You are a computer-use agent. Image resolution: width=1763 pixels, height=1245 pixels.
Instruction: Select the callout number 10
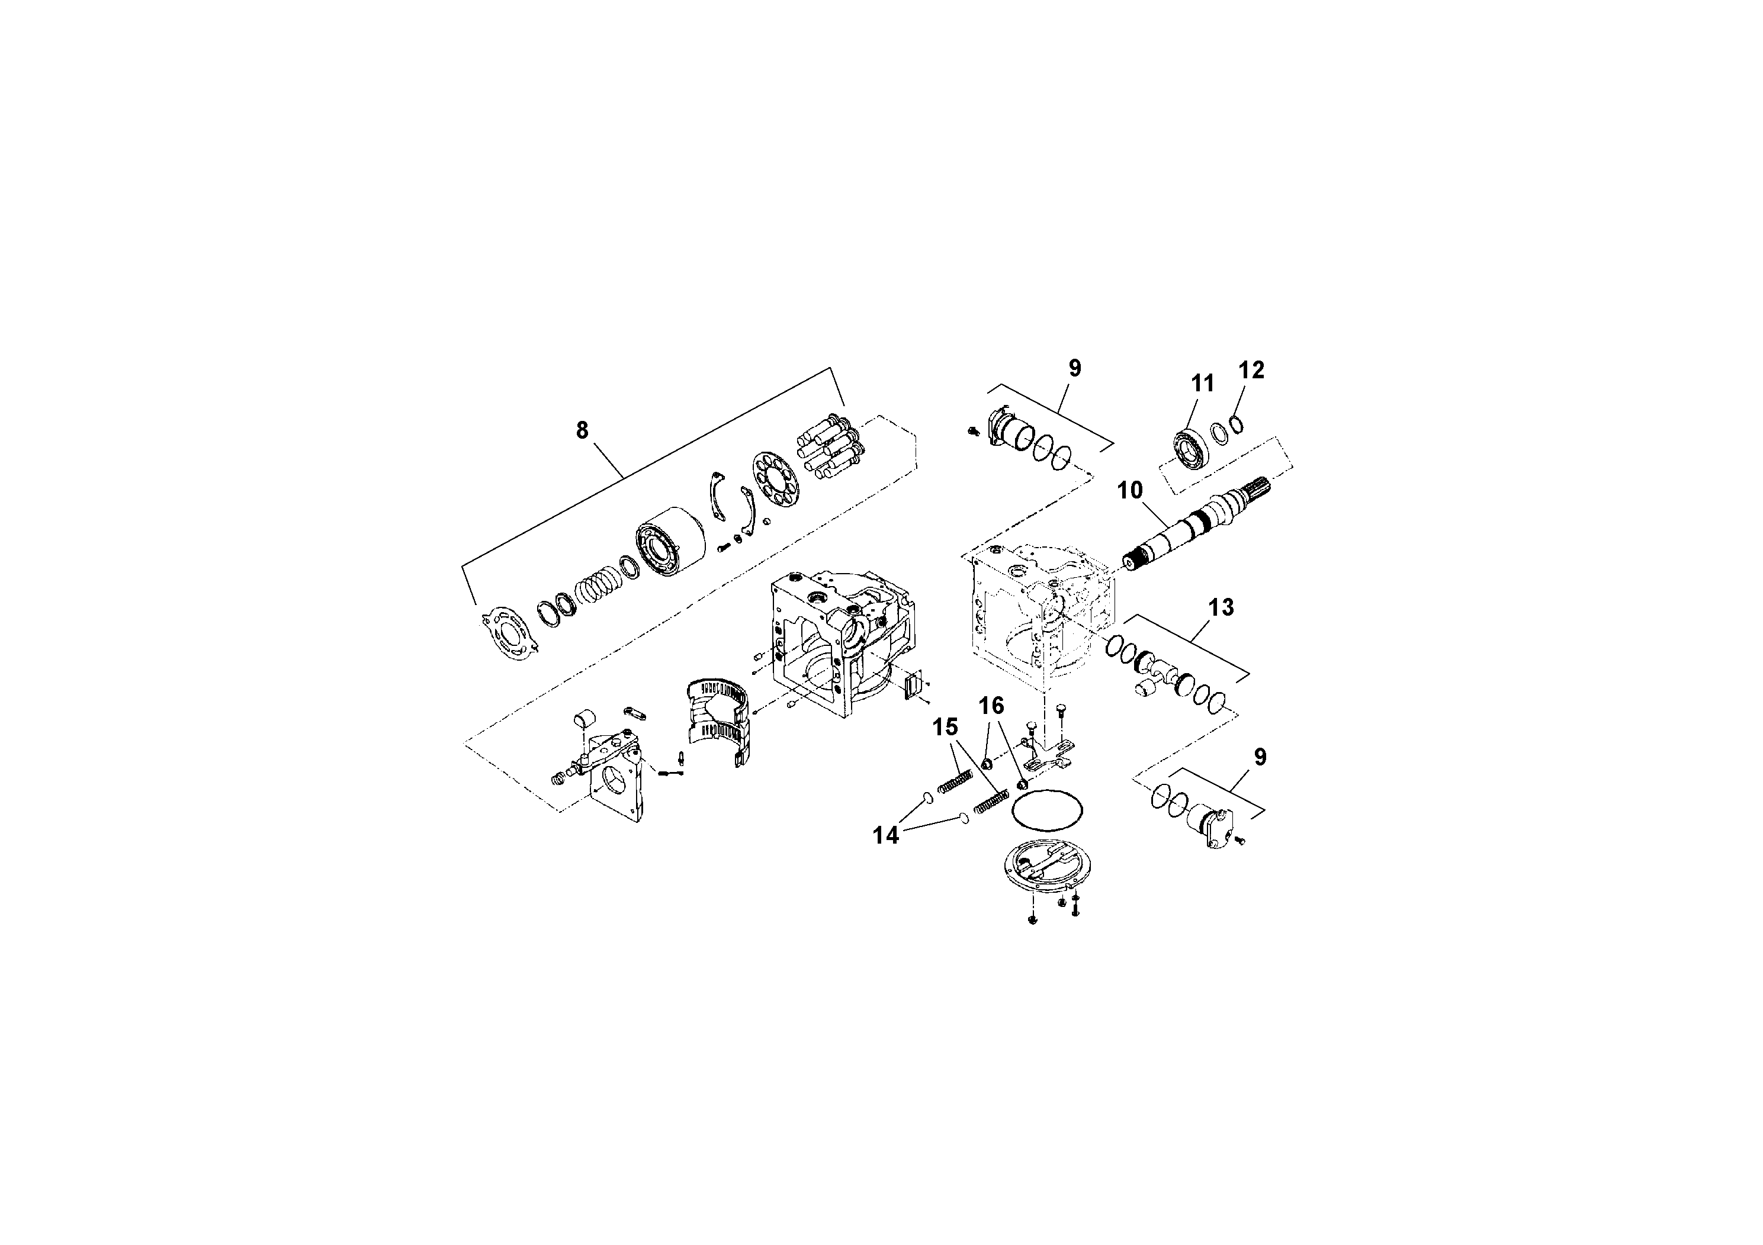pyautogui.click(x=1129, y=490)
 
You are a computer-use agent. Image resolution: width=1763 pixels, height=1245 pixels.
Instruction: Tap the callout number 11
pyautogui.click(x=1202, y=383)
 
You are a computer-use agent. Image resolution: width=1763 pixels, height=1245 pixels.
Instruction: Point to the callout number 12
pyautogui.click(x=1251, y=370)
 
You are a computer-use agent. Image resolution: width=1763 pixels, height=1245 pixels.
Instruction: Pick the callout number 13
pyautogui.click(x=1221, y=607)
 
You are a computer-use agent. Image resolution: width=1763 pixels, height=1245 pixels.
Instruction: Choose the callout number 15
pyautogui.click(x=945, y=727)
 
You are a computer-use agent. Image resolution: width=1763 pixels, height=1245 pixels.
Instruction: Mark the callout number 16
pyautogui.click(x=991, y=706)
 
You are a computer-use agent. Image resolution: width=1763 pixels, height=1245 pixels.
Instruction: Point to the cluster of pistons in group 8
pyautogui.click(x=829, y=450)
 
